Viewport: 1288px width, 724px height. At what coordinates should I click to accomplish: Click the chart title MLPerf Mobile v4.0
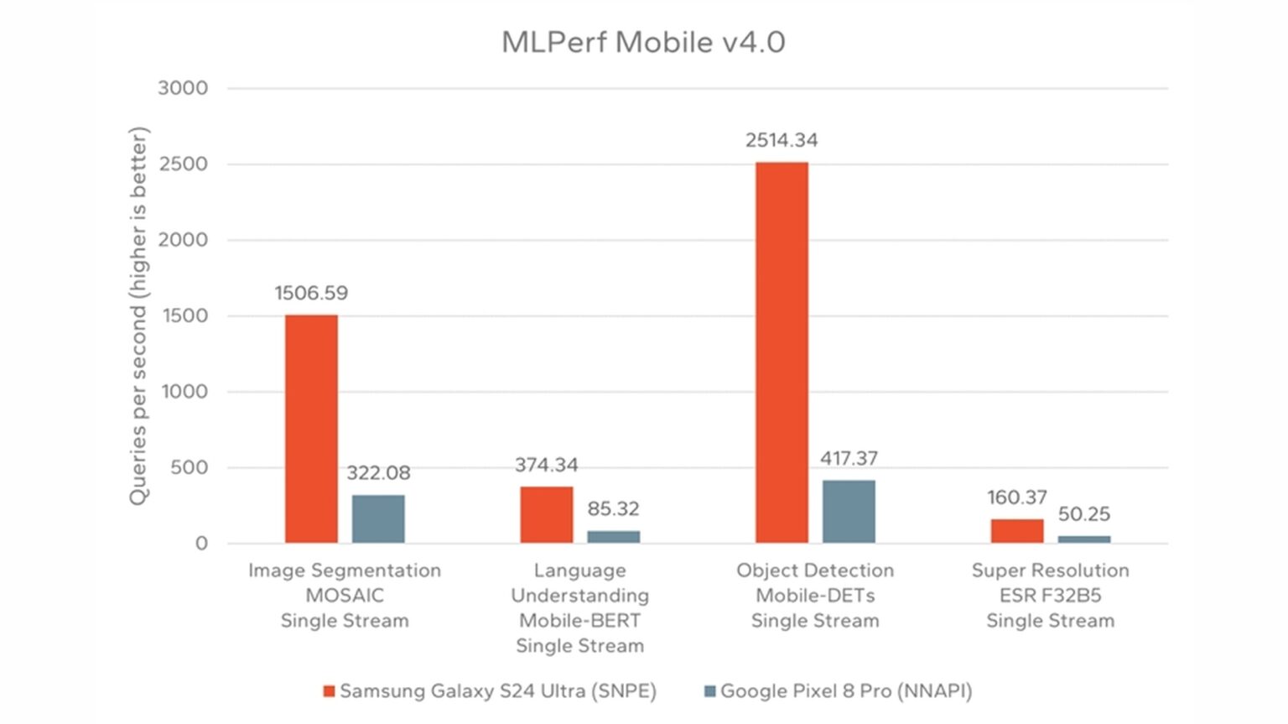[x=643, y=42]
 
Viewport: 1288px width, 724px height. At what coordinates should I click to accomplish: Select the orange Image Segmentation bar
[x=311, y=429]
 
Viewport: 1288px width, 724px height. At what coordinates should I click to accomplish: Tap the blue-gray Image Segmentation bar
[x=378, y=519]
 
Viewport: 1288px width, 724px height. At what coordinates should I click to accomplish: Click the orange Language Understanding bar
[x=547, y=514]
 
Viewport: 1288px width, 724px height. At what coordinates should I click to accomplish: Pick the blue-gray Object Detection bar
[x=849, y=512]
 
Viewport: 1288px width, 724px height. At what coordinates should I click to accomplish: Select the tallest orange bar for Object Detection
[x=782, y=352]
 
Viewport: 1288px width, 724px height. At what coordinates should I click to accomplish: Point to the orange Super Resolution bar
[x=1017, y=531]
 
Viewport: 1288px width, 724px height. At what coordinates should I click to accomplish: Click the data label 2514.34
[x=782, y=140]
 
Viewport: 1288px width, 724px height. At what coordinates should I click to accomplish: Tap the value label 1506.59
[x=311, y=293]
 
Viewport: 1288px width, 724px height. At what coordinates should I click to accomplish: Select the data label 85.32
[x=613, y=508]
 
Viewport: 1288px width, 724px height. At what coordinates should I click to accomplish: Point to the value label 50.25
[x=1083, y=513]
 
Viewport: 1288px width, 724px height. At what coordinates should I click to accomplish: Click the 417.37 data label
[x=849, y=458]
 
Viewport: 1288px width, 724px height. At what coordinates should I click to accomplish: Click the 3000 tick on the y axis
[x=183, y=88]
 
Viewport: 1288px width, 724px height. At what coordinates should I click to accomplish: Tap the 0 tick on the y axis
[x=201, y=544]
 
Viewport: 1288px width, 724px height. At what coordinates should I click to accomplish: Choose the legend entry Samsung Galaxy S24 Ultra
[x=490, y=691]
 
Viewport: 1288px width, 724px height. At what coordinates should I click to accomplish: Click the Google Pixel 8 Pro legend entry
[x=838, y=691]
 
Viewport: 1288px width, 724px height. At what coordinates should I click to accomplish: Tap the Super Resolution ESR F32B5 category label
[x=1050, y=596]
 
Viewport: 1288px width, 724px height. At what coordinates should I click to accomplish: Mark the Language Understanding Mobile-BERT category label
[x=579, y=608]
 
